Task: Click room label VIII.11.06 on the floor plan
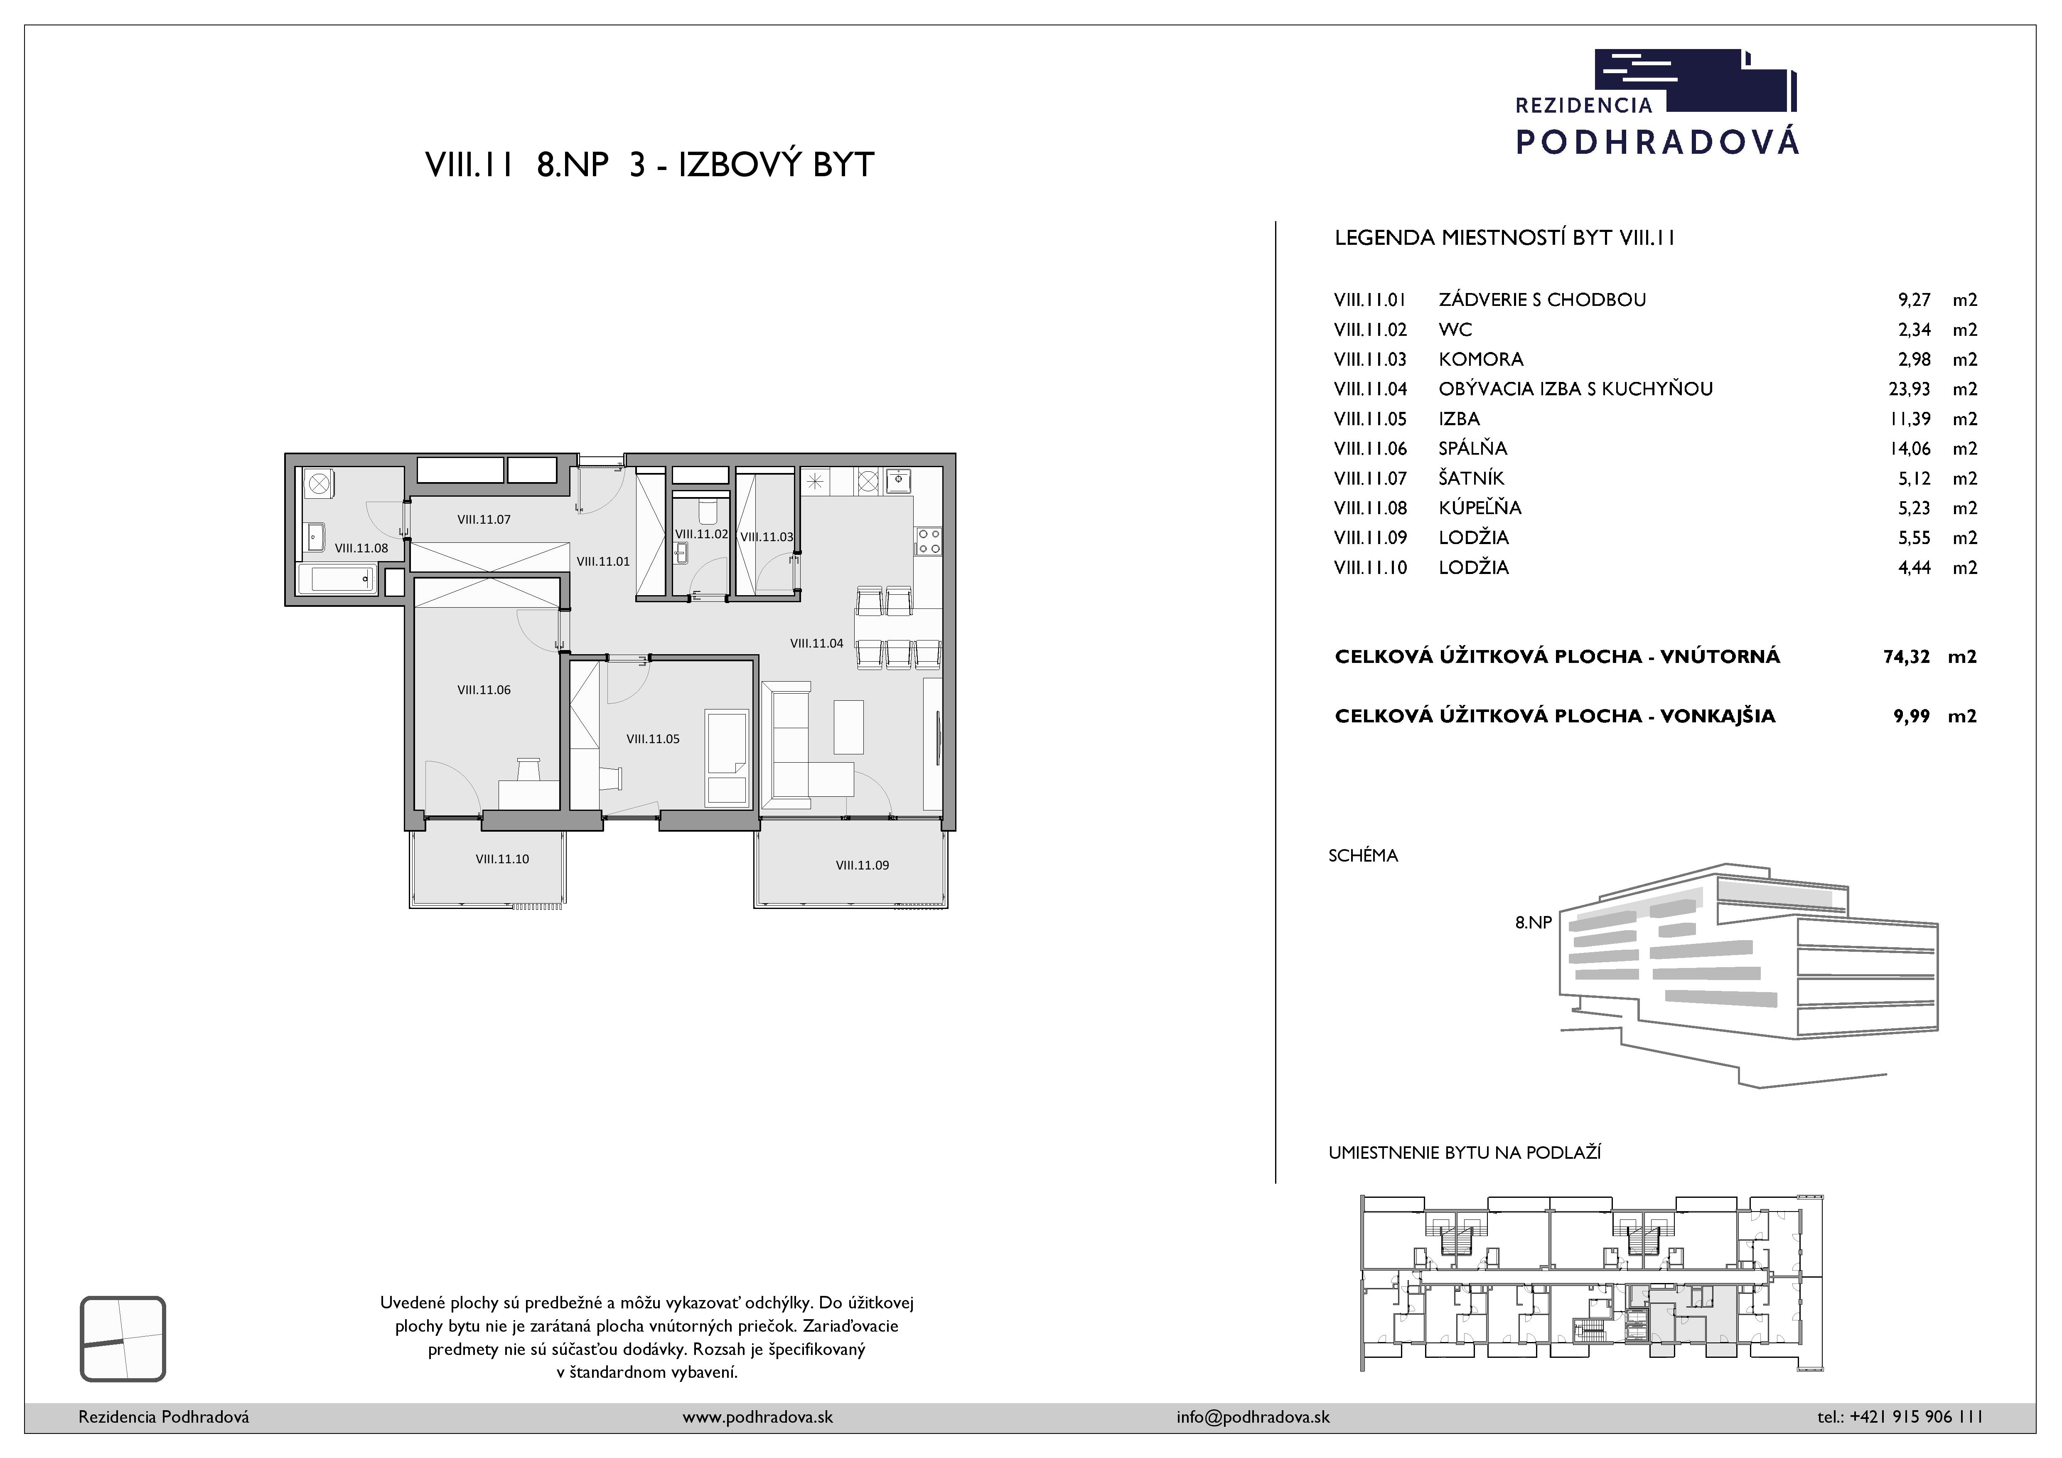(484, 690)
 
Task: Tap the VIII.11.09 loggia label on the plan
(862, 865)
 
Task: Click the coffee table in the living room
(849, 727)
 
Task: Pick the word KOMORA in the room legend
(1481, 360)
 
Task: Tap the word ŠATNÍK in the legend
(1471, 478)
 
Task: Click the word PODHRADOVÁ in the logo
(1657, 141)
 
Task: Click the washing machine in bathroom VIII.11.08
(318, 483)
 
